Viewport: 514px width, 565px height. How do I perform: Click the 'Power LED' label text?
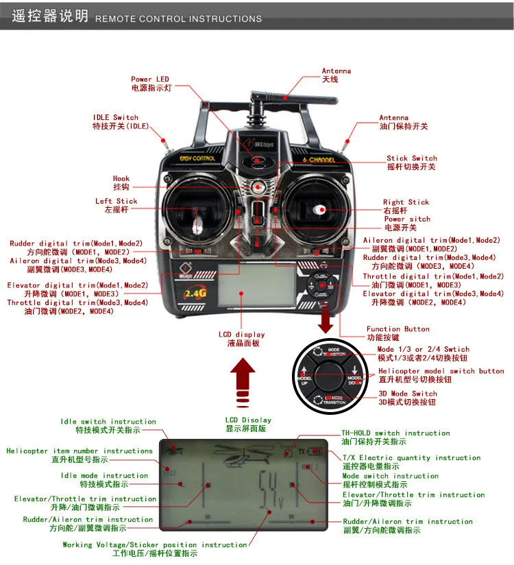click(x=150, y=80)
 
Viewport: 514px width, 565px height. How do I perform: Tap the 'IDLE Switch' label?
click(x=116, y=117)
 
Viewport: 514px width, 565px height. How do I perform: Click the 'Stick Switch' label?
click(x=411, y=158)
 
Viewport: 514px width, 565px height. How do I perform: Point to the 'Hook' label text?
click(x=121, y=179)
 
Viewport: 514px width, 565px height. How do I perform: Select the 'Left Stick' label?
click(x=117, y=201)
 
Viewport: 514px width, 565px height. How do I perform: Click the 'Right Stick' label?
click(x=406, y=202)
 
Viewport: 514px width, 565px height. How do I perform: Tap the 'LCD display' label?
click(x=241, y=335)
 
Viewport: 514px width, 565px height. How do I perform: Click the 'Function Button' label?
click(x=397, y=329)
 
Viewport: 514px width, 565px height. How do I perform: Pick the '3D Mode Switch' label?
click(x=407, y=394)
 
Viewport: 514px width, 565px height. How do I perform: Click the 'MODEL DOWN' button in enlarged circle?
click(x=354, y=379)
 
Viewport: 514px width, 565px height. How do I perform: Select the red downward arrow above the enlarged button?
click(x=328, y=319)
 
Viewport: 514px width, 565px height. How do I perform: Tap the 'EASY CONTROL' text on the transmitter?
click(x=197, y=158)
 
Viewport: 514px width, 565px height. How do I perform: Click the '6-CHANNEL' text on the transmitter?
click(x=319, y=160)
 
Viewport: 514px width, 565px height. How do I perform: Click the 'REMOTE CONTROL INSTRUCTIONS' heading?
click(x=178, y=19)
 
